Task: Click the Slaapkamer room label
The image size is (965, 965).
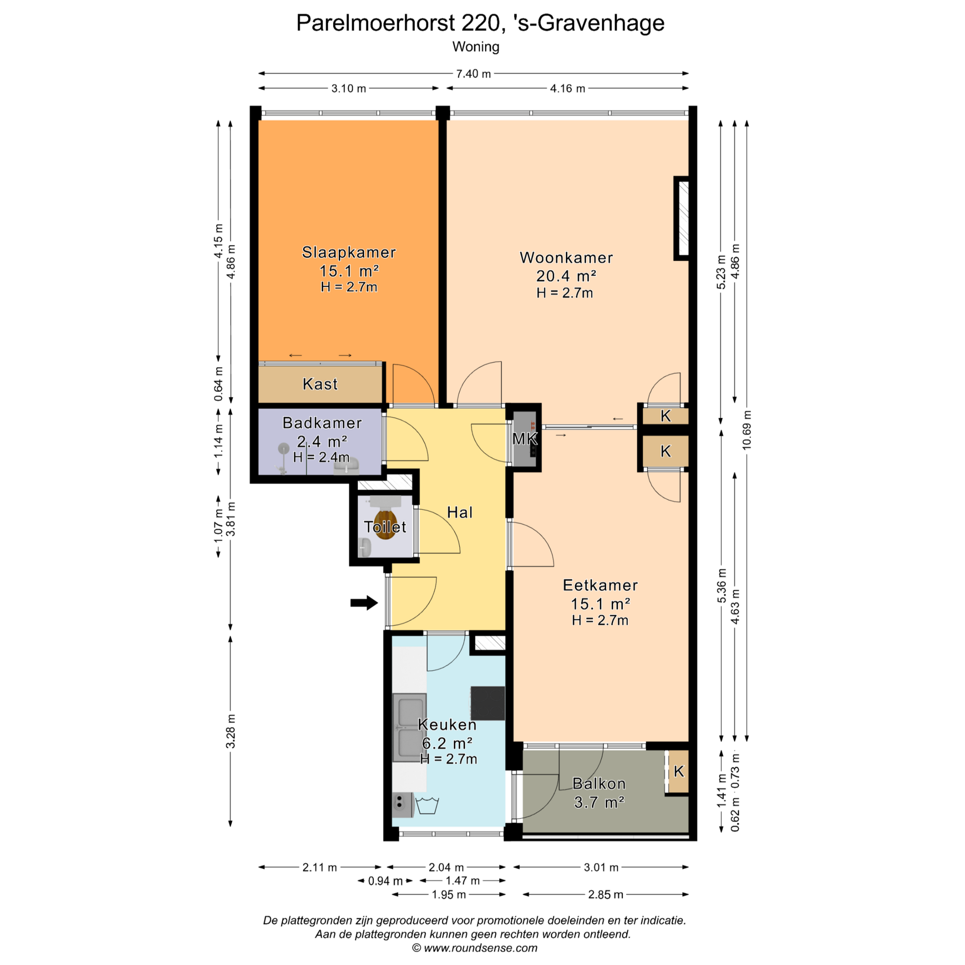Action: coord(349,252)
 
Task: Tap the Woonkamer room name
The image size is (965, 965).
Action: coord(566,258)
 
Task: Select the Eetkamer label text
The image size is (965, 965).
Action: coord(600,585)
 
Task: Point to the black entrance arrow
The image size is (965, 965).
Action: coord(364,603)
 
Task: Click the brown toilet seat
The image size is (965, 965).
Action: coord(385,524)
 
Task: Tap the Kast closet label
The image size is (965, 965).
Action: coord(320,384)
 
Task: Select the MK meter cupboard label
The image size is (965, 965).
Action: coord(525,439)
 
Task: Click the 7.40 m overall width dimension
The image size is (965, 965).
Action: coord(473,74)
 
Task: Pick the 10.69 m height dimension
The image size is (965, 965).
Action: coord(747,430)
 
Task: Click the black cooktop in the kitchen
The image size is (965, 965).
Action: coord(488,703)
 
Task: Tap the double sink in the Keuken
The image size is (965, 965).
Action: coord(410,727)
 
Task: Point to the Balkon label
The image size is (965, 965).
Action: coord(599,784)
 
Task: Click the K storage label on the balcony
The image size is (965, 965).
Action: coord(679,771)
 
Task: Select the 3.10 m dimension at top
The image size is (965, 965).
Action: coord(349,88)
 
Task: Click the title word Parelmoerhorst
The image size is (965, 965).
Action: coord(375,23)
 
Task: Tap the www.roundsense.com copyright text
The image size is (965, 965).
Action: coord(480,948)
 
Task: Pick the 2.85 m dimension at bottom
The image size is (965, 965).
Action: coord(606,895)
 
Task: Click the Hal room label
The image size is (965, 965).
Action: coord(460,512)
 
